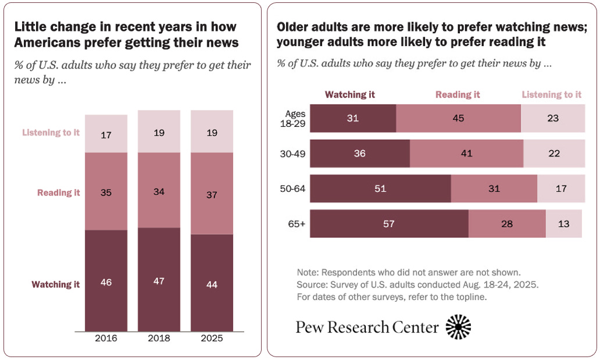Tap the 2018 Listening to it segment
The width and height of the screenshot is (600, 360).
pos(159,132)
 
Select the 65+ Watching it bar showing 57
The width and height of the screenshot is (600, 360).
pos(389,223)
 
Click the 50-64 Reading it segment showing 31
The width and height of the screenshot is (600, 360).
pos(494,188)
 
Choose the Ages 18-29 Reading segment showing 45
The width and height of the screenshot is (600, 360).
pos(458,118)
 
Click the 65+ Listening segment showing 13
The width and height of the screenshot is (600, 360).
pos(563,223)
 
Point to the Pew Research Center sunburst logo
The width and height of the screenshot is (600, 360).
pos(458,327)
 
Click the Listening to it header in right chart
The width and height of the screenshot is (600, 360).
pos(551,94)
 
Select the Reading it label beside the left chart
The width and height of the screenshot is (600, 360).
pos(59,193)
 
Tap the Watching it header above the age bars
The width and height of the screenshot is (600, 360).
pos(350,94)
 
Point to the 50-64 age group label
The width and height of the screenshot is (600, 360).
pos(294,188)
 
